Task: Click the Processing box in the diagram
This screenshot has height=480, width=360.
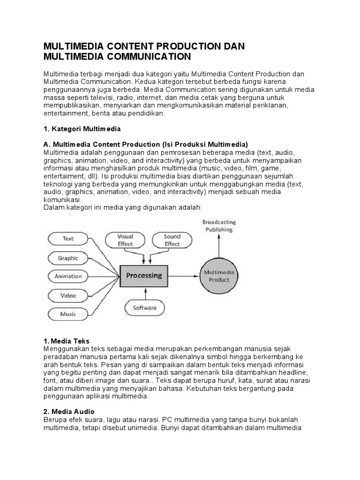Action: (144, 276)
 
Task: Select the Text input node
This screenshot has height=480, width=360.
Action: (68, 239)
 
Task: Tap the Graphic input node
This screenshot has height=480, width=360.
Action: (68, 258)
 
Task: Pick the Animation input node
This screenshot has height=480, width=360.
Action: (68, 276)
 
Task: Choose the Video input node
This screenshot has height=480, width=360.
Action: (68, 296)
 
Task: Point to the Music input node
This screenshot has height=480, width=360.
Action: (68, 314)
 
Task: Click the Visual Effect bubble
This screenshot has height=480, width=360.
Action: (125, 240)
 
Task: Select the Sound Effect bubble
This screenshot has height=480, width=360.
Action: (172, 240)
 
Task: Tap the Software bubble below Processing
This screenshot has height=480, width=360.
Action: (145, 308)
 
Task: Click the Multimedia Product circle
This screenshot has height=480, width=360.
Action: (219, 276)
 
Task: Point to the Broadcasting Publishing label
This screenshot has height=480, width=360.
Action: (219, 225)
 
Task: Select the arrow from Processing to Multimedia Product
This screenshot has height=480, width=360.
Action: (184, 276)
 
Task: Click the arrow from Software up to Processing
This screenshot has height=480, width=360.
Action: (146, 293)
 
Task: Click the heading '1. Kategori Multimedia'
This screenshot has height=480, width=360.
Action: (82, 128)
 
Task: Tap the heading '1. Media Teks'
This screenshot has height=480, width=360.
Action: (66, 341)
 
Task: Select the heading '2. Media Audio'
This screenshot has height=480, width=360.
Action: (69, 412)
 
